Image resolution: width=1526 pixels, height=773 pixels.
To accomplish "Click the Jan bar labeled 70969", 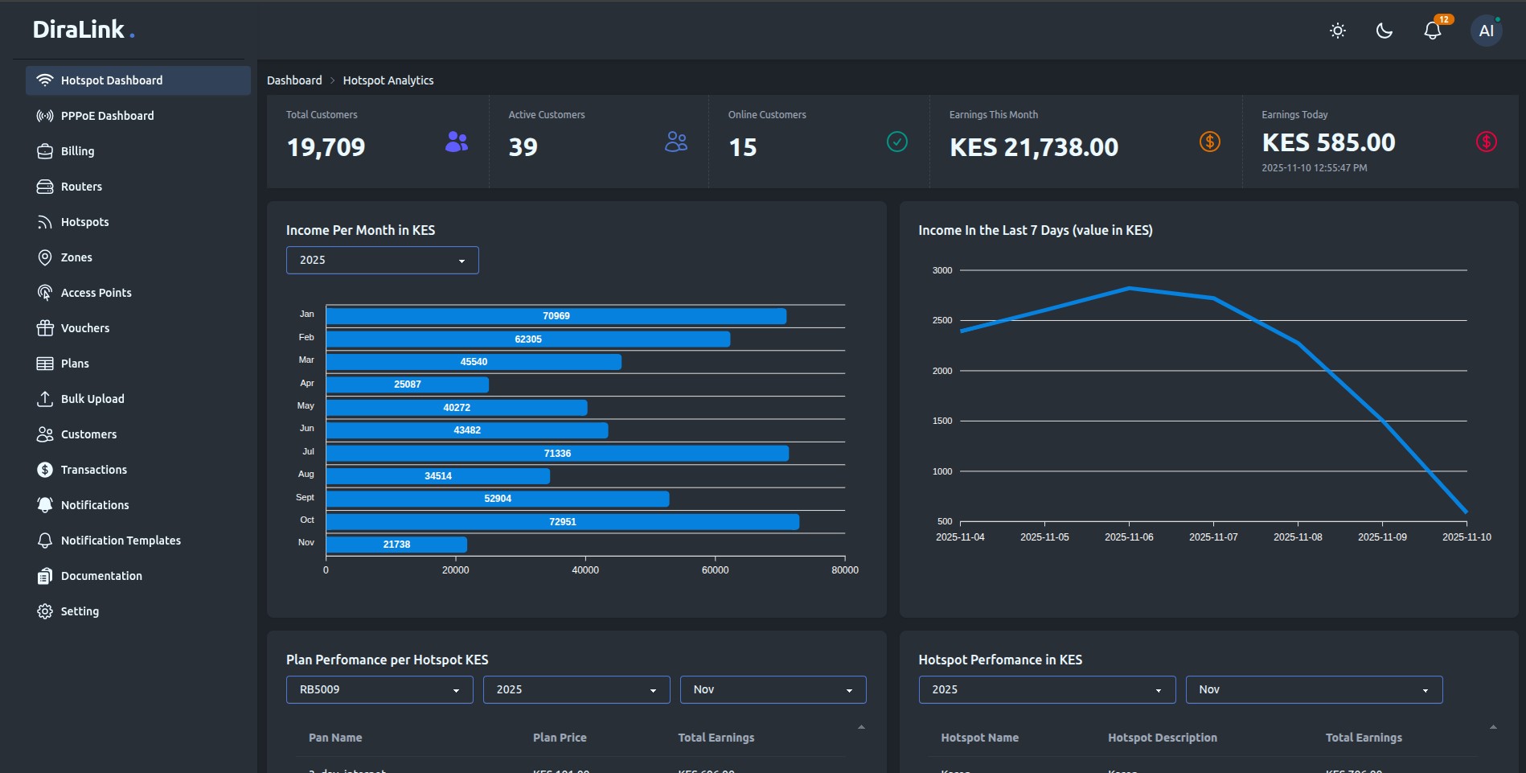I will pyautogui.click(x=556, y=316).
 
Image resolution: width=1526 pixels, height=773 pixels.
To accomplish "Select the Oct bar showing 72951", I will pyautogui.click(x=562, y=522).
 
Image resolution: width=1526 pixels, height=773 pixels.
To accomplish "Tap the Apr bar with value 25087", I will pyautogui.click(x=407, y=384).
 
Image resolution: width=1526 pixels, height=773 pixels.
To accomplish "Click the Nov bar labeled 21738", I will pyautogui.click(x=396, y=545).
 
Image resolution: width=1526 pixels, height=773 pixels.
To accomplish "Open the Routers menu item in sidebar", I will pyautogui.click(x=81, y=187).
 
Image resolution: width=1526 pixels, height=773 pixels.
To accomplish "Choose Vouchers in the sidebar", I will pyautogui.click(x=84, y=328).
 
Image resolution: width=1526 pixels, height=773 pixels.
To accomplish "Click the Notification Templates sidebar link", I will pyautogui.click(x=121, y=541).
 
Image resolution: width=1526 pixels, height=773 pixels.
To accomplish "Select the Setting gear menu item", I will pyautogui.click(x=80, y=611).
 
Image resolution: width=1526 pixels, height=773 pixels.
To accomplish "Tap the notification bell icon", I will pyautogui.click(x=1432, y=31).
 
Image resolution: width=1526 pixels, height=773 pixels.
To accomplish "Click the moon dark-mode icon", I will pyautogui.click(x=1384, y=31).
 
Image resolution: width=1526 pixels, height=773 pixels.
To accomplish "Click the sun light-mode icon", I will pyautogui.click(x=1337, y=31).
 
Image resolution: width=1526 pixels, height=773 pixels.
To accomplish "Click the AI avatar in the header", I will pyautogui.click(x=1486, y=31).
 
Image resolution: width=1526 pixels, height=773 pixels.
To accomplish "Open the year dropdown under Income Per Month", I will pyautogui.click(x=382, y=260).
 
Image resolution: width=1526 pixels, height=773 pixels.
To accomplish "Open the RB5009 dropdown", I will pyautogui.click(x=379, y=689).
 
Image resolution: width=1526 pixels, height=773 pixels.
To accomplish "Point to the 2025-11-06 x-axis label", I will pyautogui.click(x=1128, y=537).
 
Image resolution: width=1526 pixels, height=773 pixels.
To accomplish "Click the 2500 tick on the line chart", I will pyautogui.click(x=941, y=320).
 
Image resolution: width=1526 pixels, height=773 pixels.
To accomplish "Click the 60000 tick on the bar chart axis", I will pyautogui.click(x=715, y=569).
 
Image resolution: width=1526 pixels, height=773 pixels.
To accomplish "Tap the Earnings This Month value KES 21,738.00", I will pyautogui.click(x=1033, y=147).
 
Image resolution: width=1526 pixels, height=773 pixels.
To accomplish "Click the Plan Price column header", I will pyautogui.click(x=560, y=738).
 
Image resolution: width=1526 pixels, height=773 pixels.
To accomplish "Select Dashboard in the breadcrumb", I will pyautogui.click(x=294, y=80).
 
